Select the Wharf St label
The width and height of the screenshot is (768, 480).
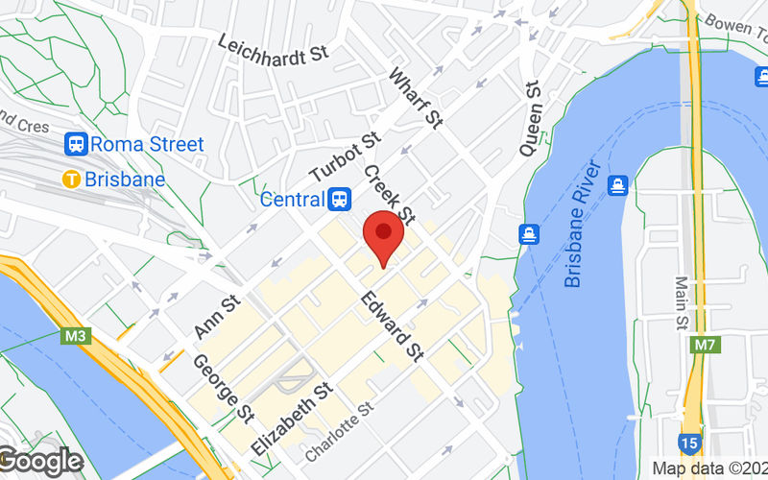point(416,98)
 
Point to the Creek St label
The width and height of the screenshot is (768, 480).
point(389,193)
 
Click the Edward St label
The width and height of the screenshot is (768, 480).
point(392,327)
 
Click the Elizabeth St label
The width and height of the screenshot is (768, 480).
point(291,418)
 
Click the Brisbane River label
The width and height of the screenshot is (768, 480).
point(586,227)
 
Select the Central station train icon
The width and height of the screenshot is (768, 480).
point(338,200)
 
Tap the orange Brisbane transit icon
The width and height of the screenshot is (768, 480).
point(70,179)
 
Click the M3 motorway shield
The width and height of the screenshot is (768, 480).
point(76,337)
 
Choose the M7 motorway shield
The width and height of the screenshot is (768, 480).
point(704,344)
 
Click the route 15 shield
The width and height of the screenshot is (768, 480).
point(688,444)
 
